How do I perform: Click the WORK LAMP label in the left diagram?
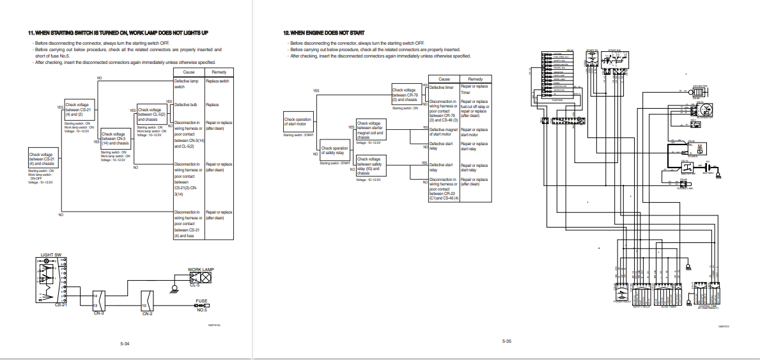coord(201,269)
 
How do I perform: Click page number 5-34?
coord(125,344)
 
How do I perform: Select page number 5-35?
coord(506,341)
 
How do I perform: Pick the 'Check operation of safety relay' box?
coord(335,152)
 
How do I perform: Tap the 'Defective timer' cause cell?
coord(441,87)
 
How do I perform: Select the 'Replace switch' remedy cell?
coord(219,81)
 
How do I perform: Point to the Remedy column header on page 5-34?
coord(219,72)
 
